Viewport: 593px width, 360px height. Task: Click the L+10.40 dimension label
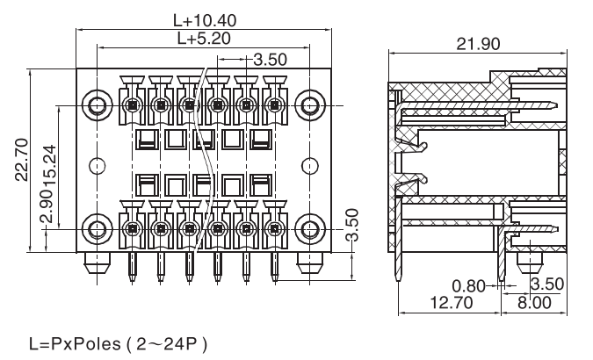(204, 19)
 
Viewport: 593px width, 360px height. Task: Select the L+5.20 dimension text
(204, 39)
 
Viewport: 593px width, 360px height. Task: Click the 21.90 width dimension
(479, 44)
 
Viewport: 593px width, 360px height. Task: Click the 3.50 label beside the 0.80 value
(547, 284)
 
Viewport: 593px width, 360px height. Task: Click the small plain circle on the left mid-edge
(98, 165)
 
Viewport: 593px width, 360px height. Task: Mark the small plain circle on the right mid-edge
(309, 165)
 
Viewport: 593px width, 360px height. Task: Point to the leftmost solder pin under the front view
(132, 267)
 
